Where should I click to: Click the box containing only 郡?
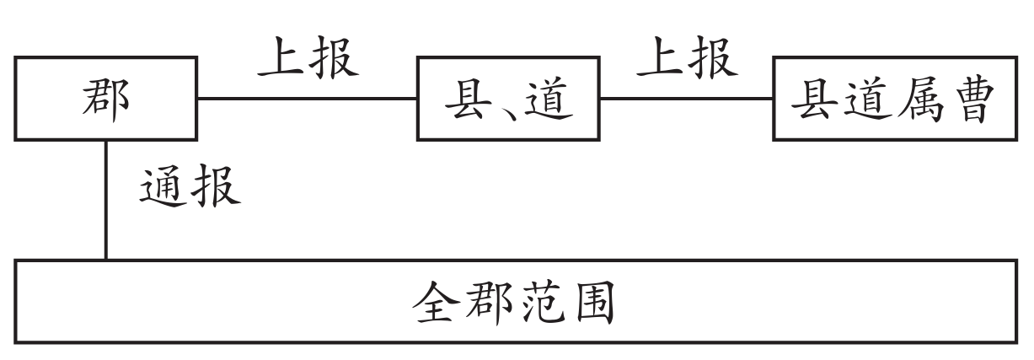click(x=104, y=99)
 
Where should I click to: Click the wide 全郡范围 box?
click(x=517, y=301)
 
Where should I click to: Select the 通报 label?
click(x=190, y=186)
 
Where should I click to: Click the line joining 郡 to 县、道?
click(x=307, y=99)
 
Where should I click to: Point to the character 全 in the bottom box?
click(x=437, y=303)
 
